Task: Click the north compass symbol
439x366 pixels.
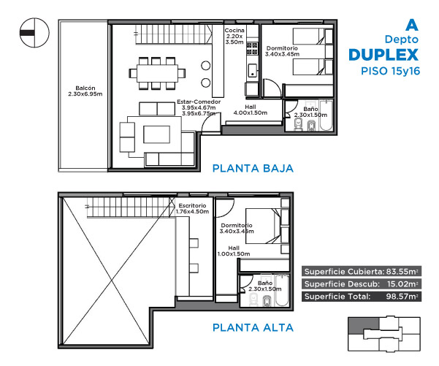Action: coord(34,33)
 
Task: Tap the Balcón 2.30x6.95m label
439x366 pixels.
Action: coord(85,91)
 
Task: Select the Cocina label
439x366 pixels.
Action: coord(234,30)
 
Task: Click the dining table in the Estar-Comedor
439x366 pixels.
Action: coord(157,73)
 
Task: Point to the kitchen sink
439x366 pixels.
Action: coord(253,70)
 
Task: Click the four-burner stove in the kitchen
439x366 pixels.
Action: coord(252,48)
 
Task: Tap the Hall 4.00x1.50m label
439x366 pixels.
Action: coord(251,110)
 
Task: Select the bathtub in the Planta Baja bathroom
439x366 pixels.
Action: coord(327,115)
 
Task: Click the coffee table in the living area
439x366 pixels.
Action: coord(157,134)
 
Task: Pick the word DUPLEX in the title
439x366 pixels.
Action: coord(383,55)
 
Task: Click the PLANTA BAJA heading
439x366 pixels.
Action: coord(253,168)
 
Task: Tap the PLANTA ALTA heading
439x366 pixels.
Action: coord(253,327)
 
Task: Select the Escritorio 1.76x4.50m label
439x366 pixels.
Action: coord(192,209)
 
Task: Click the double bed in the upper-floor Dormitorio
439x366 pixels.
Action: coord(263,226)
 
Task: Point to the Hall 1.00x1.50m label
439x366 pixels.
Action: coord(234,251)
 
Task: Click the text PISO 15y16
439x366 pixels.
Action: coord(391,71)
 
